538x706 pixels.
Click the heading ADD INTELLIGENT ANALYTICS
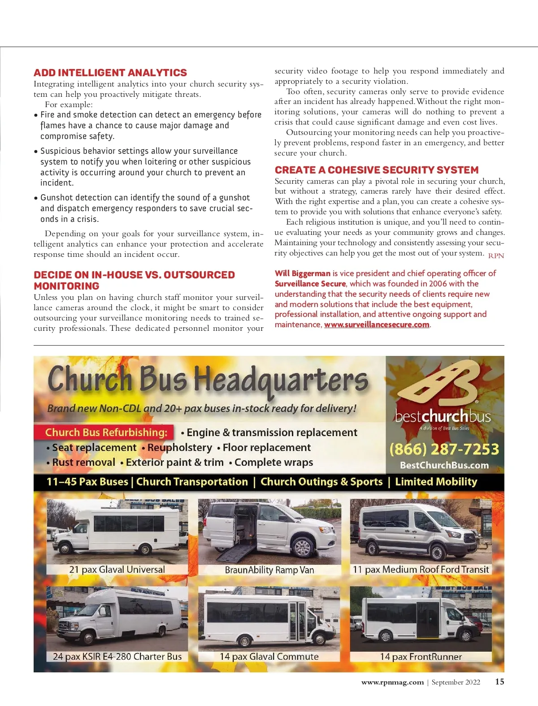click(110, 73)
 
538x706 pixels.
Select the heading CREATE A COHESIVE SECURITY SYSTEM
click(377, 170)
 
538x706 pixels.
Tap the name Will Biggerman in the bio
click(303, 273)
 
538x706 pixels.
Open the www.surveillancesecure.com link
click(377, 325)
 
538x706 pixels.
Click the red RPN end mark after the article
click(496, 256)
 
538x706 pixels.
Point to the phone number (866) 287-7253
click(444, 449)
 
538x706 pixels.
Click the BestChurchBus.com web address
click(444, 465)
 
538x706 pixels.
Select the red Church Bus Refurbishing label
click(106, 432)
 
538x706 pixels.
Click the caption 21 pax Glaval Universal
click(117, 569)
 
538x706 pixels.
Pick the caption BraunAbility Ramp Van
click(269, 570)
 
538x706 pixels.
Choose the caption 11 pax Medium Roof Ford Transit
click(421, 569)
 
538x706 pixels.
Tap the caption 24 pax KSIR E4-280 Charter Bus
click(117, 656)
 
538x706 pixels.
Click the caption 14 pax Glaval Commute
click(269, 656)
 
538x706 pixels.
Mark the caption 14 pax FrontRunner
click(421, 657)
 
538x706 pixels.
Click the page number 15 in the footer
click(499, 682)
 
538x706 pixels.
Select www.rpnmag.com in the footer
click(392, 682)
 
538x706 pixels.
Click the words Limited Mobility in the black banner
click(436, 482)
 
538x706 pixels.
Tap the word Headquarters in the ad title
click(281, 381)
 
